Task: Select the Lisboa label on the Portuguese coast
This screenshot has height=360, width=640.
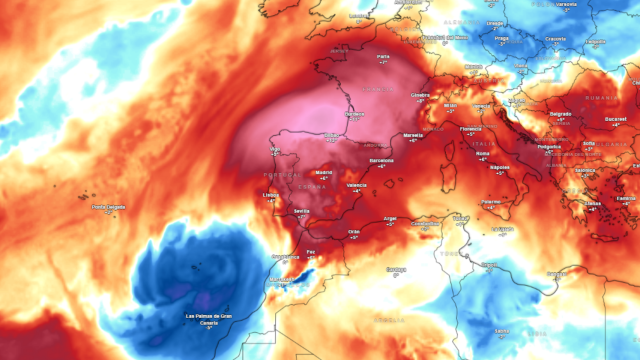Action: tap(270, 195)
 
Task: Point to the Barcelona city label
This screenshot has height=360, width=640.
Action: tap(381, 160)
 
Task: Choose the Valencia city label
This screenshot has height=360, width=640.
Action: tap(356, 186)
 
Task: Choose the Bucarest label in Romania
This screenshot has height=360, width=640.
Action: tap(616, 119)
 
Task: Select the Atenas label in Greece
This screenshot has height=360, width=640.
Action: tap(594, 203)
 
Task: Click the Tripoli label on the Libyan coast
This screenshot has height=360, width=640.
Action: tap(490, 265)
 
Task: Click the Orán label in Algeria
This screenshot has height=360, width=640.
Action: tap(353, 232)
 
